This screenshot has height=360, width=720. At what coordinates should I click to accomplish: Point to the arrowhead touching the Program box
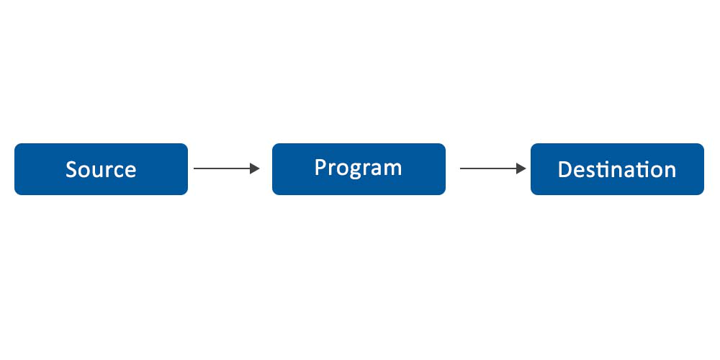254,168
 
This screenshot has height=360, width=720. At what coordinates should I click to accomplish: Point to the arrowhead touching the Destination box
521,168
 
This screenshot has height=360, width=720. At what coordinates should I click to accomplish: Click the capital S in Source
71,170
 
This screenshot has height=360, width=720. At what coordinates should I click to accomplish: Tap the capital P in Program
320,167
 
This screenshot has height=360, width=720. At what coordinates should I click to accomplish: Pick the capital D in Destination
565,170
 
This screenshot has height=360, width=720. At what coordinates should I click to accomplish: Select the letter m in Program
392,169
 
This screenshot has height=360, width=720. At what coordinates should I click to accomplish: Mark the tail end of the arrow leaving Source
195,168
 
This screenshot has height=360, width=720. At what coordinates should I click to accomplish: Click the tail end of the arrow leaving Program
462,168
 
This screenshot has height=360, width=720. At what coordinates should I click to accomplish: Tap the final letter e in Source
130,171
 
